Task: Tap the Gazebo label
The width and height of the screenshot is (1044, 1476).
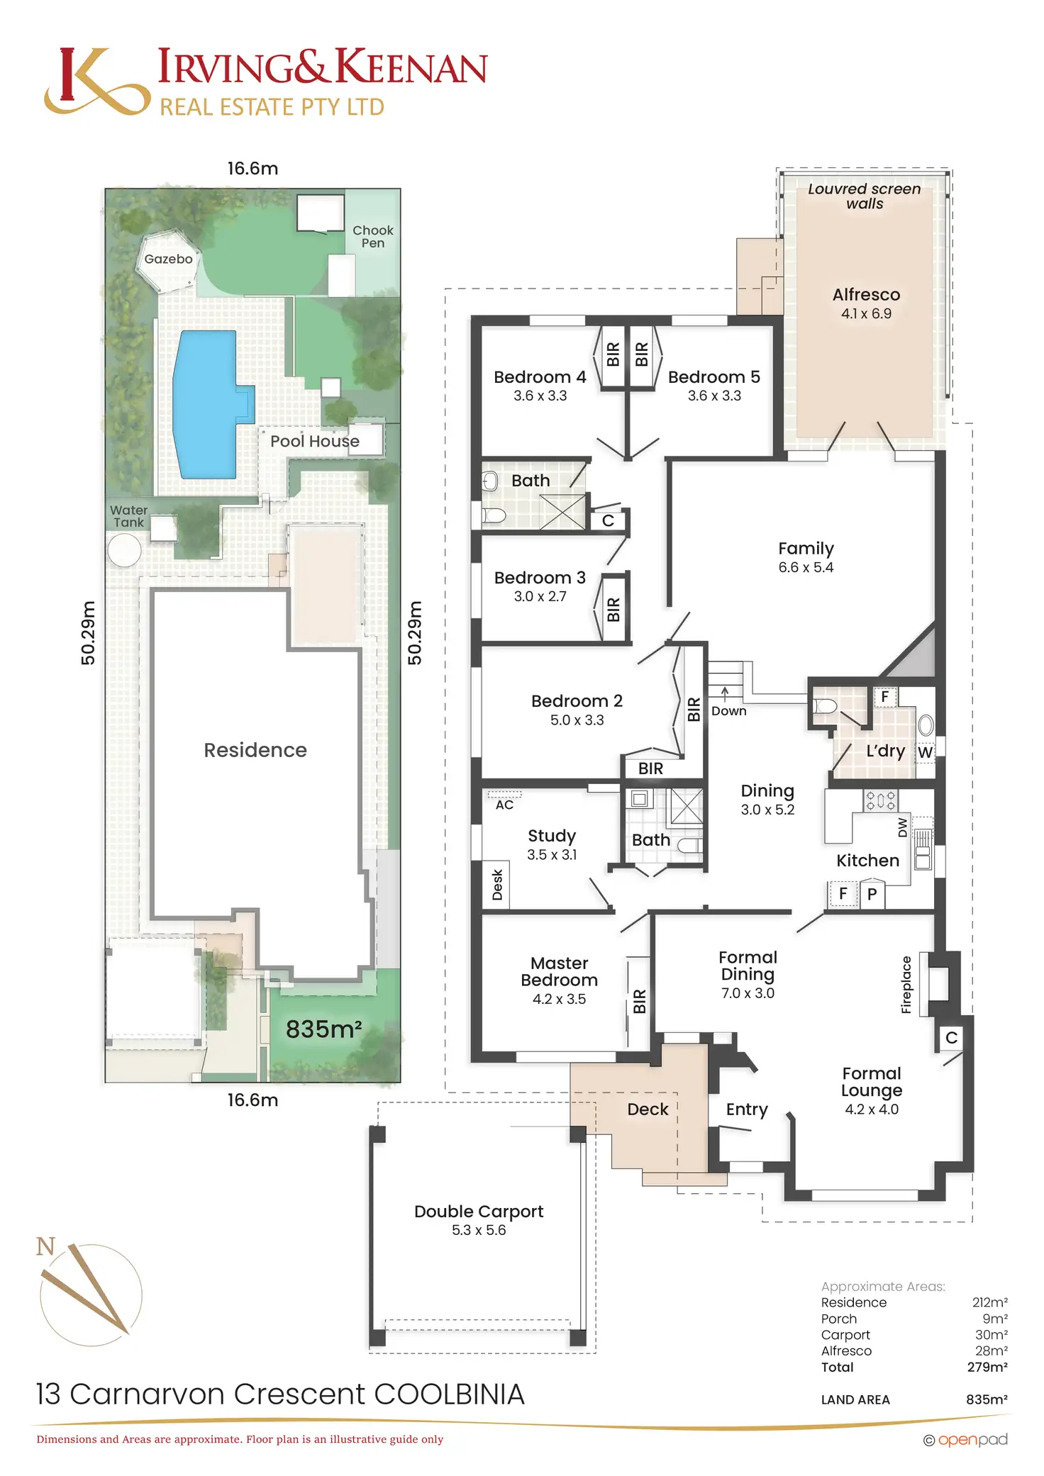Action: tap(168, 259)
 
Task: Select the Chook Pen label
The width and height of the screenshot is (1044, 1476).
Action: tap(373, 237)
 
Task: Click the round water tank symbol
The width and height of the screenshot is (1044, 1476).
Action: tap(124, 549)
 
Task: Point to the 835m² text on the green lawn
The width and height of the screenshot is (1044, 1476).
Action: tap(323, 1029)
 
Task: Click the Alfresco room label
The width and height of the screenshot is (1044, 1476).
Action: tap(866, 295)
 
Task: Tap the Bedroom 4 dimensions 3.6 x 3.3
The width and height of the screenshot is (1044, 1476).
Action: tap(540, 396)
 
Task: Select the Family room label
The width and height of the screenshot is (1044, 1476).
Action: tap(806, 549)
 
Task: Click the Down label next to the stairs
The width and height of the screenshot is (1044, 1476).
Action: tap(728, 711)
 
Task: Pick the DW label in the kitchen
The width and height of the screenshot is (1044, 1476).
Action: tap(903, 827)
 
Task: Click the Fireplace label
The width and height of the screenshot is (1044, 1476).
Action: tap(906, 985)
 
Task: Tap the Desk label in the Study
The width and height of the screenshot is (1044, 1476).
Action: tap(497, 885)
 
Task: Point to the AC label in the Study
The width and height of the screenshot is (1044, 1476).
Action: tap(504, 805)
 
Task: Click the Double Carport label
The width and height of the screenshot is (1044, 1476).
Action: tap(479, 1212)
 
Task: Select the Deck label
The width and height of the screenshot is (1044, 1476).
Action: tap(648, 1109)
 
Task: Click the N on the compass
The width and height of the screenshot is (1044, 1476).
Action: tap(45, 1246)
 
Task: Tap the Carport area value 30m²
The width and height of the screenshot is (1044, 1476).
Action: tap(991, 1335)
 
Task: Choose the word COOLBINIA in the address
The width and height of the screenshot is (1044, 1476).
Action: tap(450, 1394)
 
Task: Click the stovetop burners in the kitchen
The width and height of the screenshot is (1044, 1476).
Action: tap(880, 801)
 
